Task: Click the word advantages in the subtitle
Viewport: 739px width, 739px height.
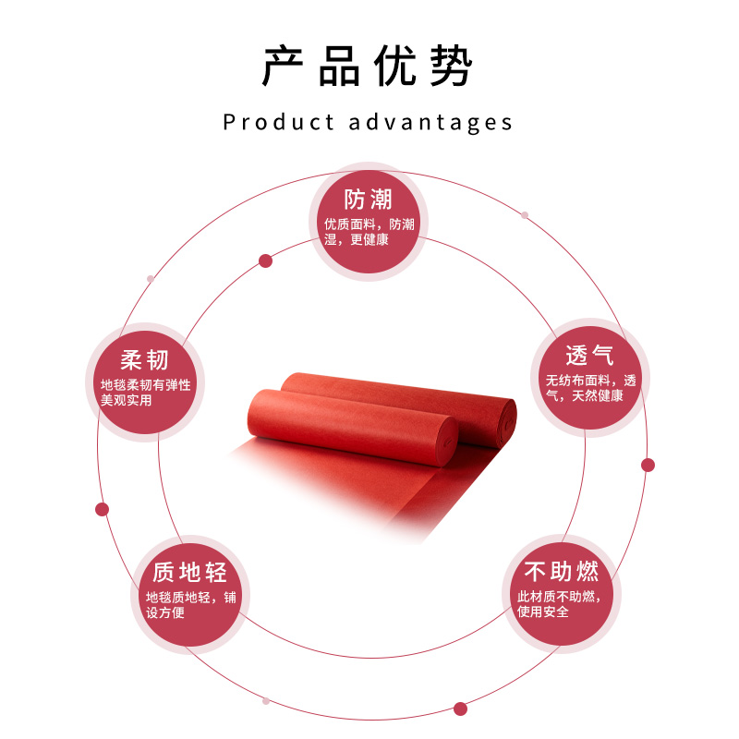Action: (430, 122)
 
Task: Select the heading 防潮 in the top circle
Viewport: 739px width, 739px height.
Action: (368, 200)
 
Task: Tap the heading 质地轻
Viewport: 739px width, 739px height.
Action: (189, 573)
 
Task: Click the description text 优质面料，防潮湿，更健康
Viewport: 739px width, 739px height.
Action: (369, 232)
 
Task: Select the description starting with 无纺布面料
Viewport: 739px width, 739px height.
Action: (590, 388)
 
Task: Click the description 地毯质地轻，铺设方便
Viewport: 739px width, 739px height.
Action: (190, 605)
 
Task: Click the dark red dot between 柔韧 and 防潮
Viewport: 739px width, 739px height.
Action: (265, 260)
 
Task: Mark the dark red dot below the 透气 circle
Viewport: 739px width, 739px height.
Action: (648, 465)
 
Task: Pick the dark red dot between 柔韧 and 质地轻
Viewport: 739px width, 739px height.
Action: (102, 509)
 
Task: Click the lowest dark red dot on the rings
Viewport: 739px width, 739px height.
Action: (460, 709)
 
